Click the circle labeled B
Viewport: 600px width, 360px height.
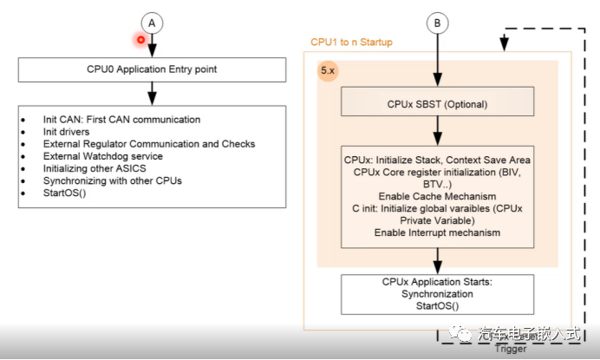click(x=436, y=23)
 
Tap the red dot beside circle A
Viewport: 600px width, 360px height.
click(x=139, y=39)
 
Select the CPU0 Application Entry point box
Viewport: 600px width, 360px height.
click(x=152, y=69)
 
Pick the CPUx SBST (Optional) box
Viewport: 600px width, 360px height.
click(x=436, y=104)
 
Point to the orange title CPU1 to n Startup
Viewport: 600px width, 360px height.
click(x=352, y=42)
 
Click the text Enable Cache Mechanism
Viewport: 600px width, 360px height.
click(x=436, y=196)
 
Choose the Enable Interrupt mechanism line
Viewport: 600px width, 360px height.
click(x=436, y=232)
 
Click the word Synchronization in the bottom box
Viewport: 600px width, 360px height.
click(x=436, y=294)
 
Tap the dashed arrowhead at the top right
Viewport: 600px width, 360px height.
click(x=501, y=39)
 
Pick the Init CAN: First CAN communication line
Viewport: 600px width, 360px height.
click(x=109, y=119)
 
